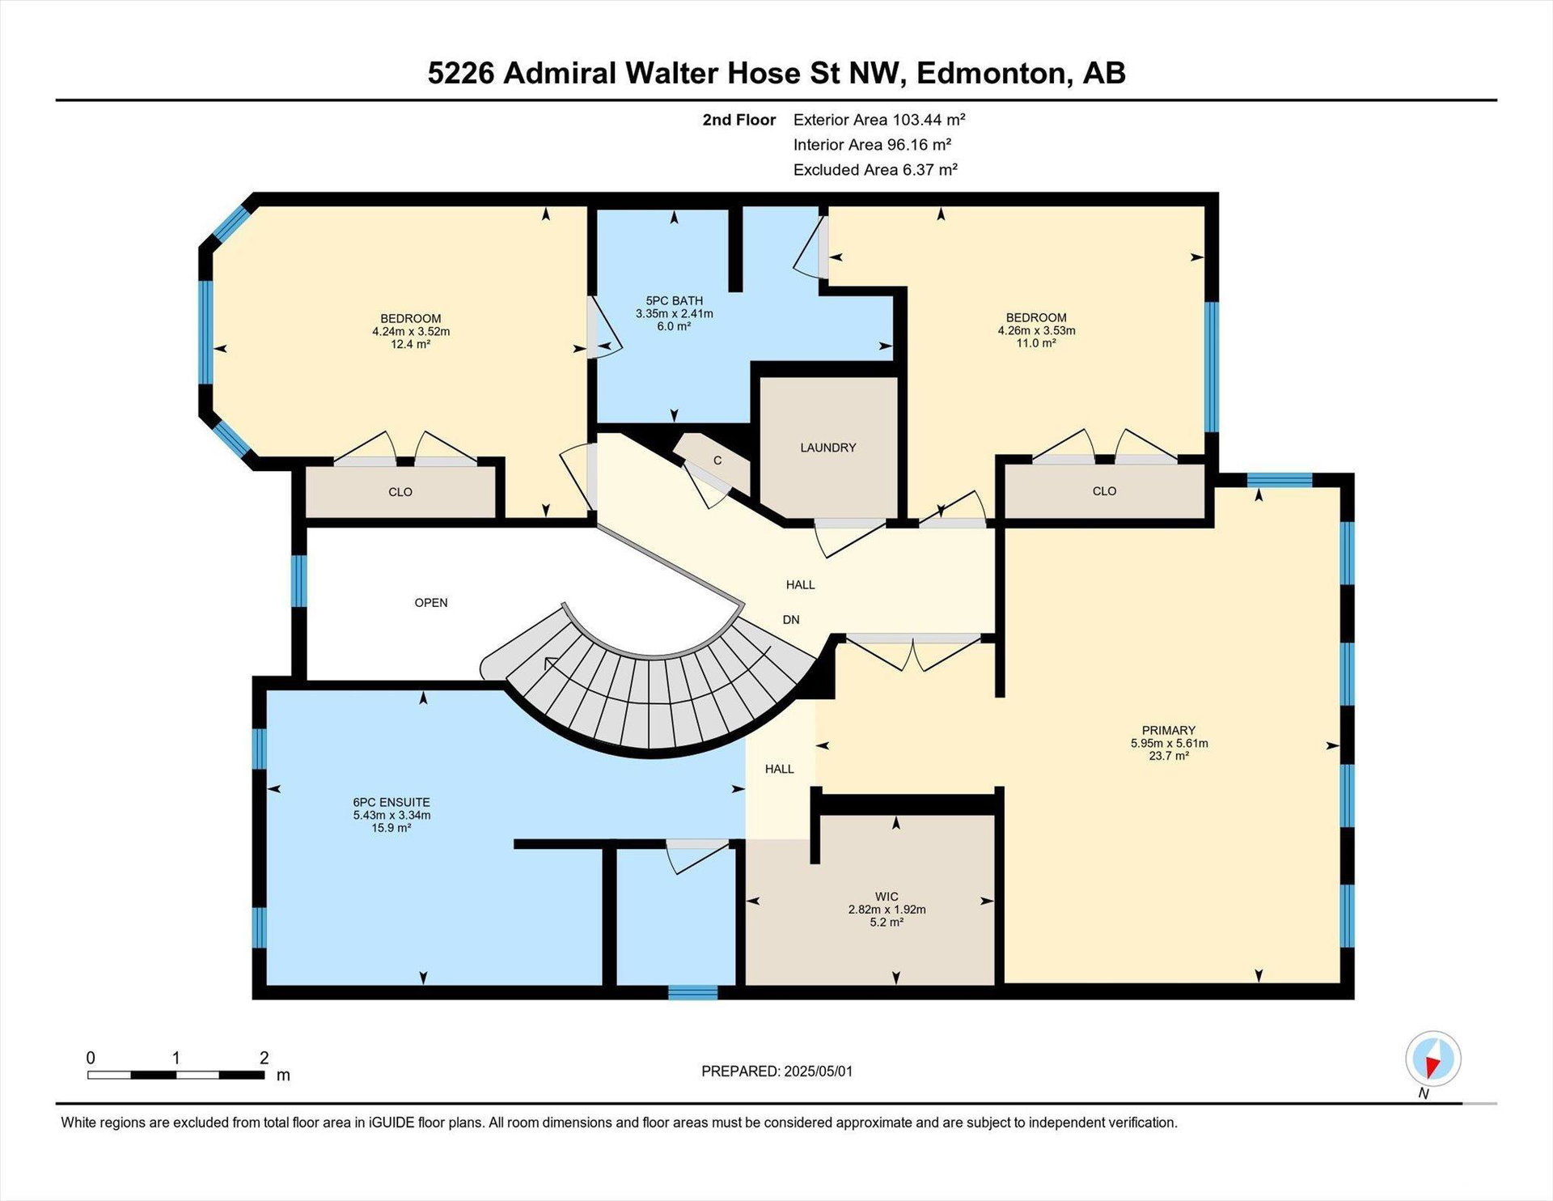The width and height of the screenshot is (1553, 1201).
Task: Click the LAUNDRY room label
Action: click(827, 448)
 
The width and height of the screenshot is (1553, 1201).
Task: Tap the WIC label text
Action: click(887, 897)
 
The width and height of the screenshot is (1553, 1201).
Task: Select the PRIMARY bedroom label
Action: click(1168, 730)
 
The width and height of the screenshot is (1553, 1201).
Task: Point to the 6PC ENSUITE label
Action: click(391, 802)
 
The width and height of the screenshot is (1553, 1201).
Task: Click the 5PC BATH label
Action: click(674, 301)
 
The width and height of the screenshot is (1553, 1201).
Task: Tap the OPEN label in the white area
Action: click(430, 603)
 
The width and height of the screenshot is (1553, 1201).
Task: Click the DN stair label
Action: click(791, 620)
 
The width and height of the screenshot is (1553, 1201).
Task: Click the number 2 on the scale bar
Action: click(264, 1058)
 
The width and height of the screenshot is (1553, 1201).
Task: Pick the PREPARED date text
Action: click(776, 1072)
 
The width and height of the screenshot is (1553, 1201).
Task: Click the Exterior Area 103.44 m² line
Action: click(879, 120)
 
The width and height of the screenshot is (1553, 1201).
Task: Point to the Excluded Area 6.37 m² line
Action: click(875, 170)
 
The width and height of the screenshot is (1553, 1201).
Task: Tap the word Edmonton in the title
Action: click(992, 73)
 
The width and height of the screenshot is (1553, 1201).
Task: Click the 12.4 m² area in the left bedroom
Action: click(410, 344)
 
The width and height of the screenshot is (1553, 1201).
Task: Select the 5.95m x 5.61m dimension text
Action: click(1169, 743)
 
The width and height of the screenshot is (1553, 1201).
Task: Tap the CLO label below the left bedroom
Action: click(400, 492)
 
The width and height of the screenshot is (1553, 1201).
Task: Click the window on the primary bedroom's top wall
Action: click(1279, 480)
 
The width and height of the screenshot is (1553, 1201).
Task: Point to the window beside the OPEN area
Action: click(298, 580)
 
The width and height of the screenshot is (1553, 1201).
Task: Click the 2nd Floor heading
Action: click(738, 120)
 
